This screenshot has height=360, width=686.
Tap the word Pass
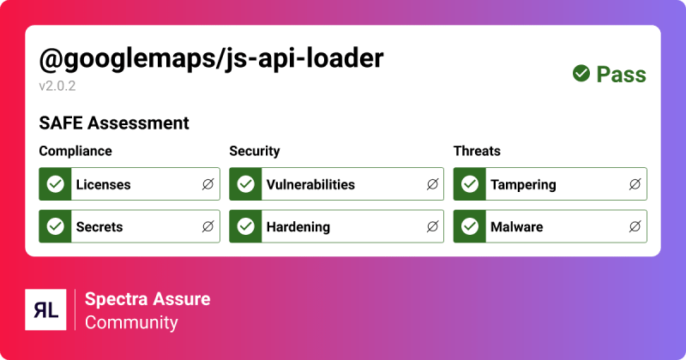621,75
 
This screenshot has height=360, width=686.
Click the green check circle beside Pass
581,74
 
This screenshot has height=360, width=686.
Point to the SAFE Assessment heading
114,123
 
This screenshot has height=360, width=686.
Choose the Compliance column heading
75,151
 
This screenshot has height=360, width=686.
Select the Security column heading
255,151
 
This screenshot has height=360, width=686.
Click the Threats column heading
477,151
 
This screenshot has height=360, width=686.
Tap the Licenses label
103,184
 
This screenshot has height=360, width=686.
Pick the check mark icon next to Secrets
56,227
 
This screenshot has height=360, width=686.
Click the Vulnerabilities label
310,184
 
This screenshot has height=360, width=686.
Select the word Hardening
298,227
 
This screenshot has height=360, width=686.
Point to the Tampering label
523,184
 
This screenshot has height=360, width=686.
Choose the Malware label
516,227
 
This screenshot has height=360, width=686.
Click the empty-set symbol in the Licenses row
208,184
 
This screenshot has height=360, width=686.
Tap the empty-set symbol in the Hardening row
432,227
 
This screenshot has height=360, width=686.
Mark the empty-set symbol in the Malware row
635,227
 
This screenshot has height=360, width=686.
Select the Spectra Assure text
147,299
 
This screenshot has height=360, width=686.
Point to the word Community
131,323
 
